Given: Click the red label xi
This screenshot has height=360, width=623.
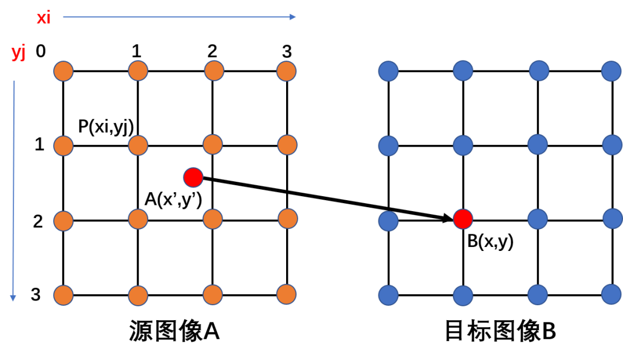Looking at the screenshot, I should (x=44, y=18).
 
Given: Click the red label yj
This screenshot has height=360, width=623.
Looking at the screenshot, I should (x=18, y=52).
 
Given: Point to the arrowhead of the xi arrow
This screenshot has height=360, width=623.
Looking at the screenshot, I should (x=294, y=17).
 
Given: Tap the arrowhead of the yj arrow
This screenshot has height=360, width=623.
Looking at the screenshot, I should (x=13, y=298).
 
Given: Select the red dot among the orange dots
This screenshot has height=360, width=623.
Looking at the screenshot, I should (x=193, y=177).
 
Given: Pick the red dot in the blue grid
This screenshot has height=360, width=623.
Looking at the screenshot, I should (x=463, y=219).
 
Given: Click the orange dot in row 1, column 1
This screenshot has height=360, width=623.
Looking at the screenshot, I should (x=63, y=71).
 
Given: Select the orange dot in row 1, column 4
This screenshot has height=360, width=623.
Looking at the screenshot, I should (x=286, y=71).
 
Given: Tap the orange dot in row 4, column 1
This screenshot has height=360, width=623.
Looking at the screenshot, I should (x=63, y=295).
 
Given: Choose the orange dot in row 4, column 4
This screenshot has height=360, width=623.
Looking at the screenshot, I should (x=286, y=294).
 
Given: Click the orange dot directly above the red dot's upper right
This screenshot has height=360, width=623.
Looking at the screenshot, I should (x=212, y=144).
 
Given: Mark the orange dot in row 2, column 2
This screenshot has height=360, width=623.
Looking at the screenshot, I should (x=138, y=145).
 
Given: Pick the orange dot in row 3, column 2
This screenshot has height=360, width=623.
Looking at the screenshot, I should (x=138, y=219).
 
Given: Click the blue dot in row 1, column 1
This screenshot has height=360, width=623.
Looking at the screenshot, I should (x=388, y=71).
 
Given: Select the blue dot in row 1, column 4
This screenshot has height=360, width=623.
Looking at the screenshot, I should (x=611, y=71).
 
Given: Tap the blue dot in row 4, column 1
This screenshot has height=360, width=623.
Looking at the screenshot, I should (x=388, y=295).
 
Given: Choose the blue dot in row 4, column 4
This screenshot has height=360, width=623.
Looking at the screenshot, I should (x=611, y=294).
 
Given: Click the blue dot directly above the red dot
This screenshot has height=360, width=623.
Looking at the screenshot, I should (x=463, y=145).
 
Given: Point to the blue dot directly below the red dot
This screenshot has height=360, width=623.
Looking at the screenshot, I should (x=463, y=296).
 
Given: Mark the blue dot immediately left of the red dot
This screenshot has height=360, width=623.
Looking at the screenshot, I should (x=388, y=221).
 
